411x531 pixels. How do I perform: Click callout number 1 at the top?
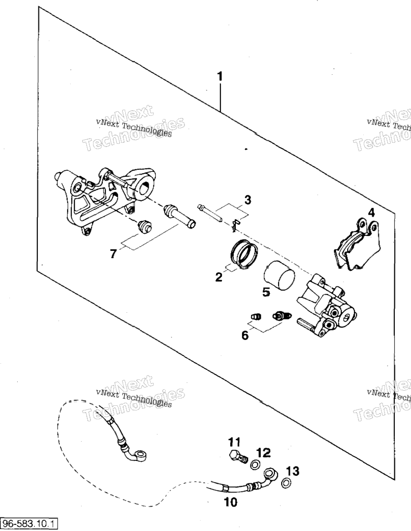click(x=220, y=76)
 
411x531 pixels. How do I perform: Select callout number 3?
click(x=248, y=200)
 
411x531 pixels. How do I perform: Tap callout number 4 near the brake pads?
click(x=372, y=213)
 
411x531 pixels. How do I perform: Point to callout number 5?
click(x=267, y=291)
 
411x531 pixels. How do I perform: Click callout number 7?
click(x=113, y=254)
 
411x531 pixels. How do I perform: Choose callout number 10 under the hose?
click(x=231, y=502)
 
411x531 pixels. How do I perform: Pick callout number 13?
click(x=293, y=471)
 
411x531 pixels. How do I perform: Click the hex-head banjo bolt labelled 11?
click(x=237, y=457)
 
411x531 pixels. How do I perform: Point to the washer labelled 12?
click(x=255, y=465)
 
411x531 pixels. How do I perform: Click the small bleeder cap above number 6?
click(x=256, y=316)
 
